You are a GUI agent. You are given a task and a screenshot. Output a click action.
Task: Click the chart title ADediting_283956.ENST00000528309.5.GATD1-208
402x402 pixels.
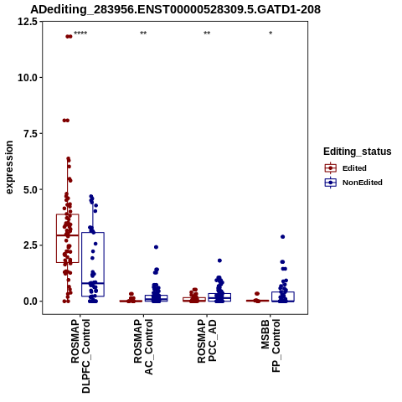[x=175, y=10]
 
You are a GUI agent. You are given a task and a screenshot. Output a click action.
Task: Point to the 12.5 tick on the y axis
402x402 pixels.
[x=28, y=22]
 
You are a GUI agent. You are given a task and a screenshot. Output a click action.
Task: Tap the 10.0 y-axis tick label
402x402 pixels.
[x=28, y=78]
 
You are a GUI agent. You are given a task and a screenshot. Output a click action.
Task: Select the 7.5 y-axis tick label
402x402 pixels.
[x=30, y=133]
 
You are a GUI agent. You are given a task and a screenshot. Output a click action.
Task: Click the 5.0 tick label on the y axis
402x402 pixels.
[x=30, y=189]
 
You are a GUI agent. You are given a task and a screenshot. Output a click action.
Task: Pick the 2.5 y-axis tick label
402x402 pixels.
[x=30, y=245]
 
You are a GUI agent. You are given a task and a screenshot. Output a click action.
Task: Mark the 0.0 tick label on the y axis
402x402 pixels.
[x=30, y=301]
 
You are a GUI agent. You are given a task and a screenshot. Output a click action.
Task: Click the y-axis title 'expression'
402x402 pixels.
[x=9, y=167]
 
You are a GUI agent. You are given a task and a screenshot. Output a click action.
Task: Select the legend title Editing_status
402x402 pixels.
[x=358, y=152]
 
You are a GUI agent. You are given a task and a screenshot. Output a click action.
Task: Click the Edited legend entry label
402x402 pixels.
[x=354, y=168]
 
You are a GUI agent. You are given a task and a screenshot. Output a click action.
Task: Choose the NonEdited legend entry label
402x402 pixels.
[x=363, y=183]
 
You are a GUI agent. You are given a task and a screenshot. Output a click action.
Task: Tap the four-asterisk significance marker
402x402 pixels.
[x=80, y=33]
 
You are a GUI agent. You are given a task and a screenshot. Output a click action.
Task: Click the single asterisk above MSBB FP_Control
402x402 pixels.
[x=271, y=33]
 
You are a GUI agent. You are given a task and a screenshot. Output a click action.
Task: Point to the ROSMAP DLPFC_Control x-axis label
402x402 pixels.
[x=80, y=356]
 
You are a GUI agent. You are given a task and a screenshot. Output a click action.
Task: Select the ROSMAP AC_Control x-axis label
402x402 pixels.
[x=143, y=347]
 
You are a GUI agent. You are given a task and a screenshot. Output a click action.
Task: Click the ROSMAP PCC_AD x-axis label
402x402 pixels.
[x=207, y=341]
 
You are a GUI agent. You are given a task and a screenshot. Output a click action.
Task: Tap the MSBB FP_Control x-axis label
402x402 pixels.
[x=271, y=346]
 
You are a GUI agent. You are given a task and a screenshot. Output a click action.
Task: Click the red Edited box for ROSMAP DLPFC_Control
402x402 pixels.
[x=68, y=214]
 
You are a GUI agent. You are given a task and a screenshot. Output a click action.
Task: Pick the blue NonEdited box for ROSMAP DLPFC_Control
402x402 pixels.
[x=93, y=233]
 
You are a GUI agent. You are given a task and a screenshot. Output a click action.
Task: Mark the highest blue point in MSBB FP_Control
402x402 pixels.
[x=282, y=237]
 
